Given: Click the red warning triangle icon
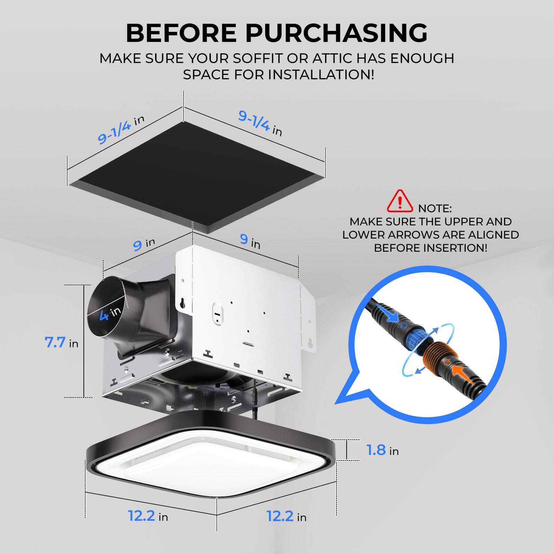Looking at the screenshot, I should click(400, 201).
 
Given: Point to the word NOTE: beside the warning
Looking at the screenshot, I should click(435, 208).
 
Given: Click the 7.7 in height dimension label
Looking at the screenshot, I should click(62, 343).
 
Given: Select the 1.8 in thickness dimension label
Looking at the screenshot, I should click(382, 450).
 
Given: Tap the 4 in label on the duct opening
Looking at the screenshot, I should click(110, 313).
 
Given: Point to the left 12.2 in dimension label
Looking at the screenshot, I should click(148, 516).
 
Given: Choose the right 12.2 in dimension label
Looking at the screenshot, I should click(286, 517).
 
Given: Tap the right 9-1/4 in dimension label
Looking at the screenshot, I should click(260, 123).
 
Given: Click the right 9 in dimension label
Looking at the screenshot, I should click(250, 240).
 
